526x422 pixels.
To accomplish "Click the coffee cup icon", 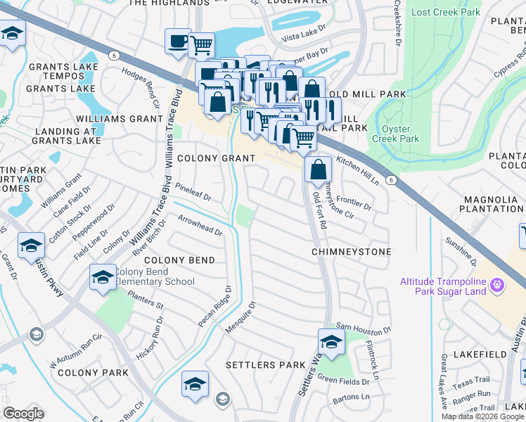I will coord(178,41).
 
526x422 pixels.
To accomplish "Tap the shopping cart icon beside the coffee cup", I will coord(201,45).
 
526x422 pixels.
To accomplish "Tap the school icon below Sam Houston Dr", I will coord(331,341).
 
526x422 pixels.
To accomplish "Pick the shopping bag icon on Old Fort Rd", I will coord(319,169).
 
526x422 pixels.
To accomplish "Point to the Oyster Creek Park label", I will coord(399,134).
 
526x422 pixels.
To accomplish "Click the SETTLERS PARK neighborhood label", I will coord(265,365).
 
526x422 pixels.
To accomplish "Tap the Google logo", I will coord(23,414).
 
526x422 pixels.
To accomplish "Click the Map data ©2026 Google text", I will coord(482,416).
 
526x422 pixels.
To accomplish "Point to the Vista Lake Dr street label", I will coord(304,34).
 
